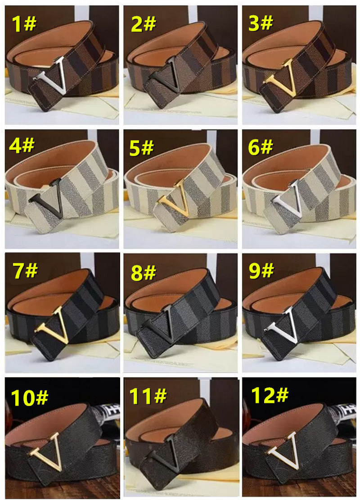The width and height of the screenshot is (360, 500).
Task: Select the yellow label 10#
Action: click(29, 397)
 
